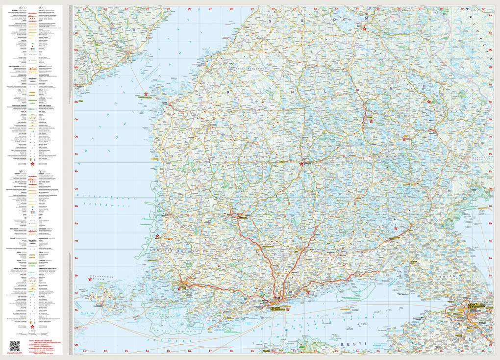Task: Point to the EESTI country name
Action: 350,345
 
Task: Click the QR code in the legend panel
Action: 14,345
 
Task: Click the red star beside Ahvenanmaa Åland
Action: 90,279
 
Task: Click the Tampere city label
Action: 243,216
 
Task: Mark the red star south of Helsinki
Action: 288,309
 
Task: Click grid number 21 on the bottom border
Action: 84,351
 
